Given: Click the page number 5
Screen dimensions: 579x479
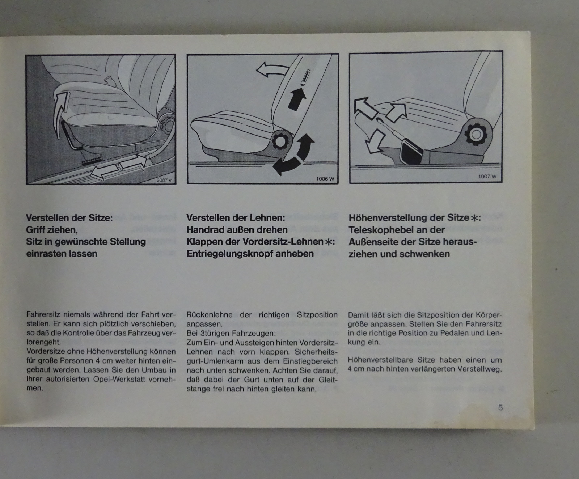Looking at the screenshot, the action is tap(500, 407).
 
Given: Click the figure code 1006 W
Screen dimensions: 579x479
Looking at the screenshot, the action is tap(325, 179).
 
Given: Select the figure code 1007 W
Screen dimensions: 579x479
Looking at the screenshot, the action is tap(487, 177).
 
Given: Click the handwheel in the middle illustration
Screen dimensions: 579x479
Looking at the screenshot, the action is tap(279, 141).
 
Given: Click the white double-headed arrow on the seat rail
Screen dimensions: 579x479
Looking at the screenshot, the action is tap(119, 166).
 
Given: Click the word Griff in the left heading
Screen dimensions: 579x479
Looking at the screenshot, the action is tap(35, 230).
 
